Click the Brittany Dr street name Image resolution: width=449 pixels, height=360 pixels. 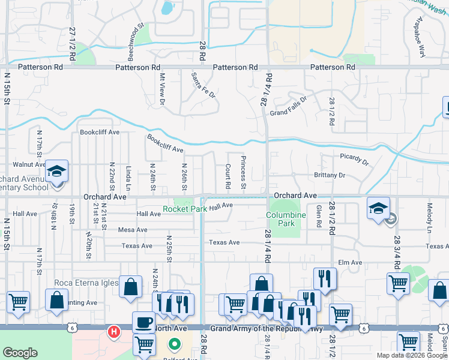coord(330,175)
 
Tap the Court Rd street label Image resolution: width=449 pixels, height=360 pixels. coord(228,176)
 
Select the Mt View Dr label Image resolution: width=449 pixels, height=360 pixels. coord(162,89)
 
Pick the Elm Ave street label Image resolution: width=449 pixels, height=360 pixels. coord(351,262)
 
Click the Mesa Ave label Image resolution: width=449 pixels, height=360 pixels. coord(133,230)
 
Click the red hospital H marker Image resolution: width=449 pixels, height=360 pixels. coord(113,331)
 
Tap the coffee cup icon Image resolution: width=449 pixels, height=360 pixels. coord(143,323)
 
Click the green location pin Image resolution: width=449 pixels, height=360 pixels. coord(174,345)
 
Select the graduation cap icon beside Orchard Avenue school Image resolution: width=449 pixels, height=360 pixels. coord(56,172)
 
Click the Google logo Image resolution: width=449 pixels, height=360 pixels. coord(20,353)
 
